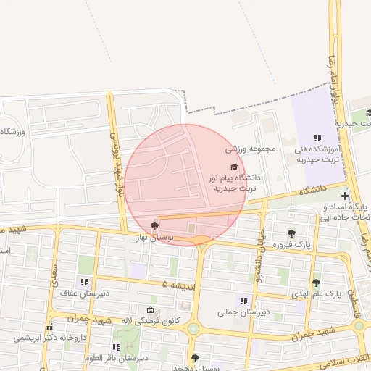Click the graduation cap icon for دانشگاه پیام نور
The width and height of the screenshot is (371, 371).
point(233,167)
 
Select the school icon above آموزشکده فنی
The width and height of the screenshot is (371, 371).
point(317,138)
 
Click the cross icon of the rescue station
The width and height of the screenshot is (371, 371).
point(345,196)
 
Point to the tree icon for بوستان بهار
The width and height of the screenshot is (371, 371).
point(154,226)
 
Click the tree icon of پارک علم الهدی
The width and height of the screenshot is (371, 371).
point(316,283)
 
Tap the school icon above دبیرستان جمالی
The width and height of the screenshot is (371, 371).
point(243,301)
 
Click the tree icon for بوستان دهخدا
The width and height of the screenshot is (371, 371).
point(194,358)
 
